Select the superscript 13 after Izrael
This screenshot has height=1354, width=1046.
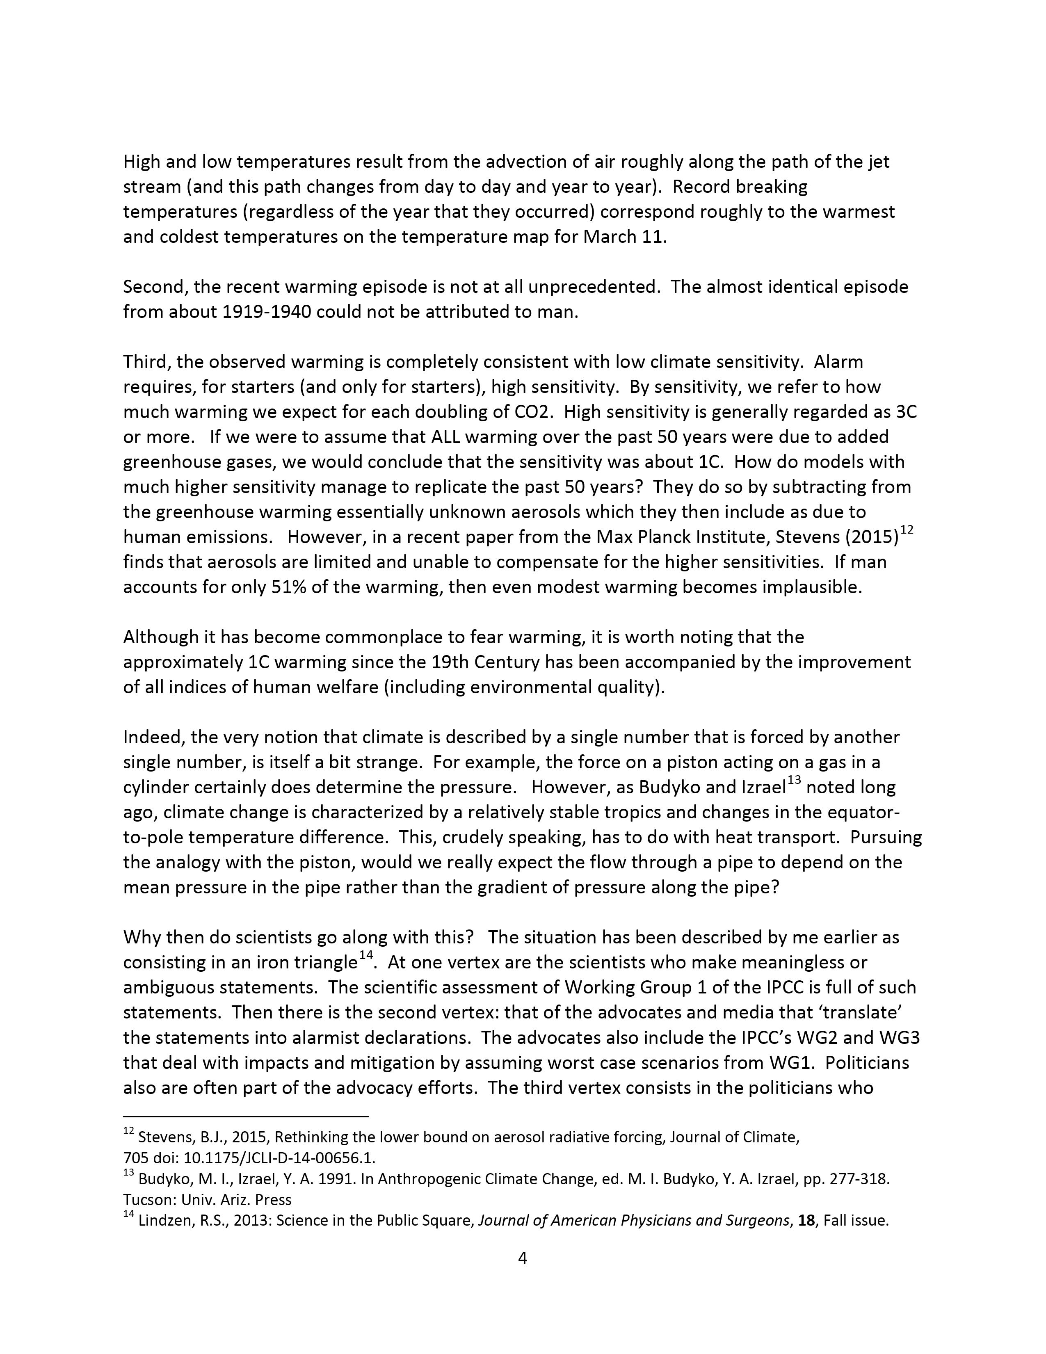point(794,781)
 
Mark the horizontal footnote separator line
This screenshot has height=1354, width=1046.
point(246,1117)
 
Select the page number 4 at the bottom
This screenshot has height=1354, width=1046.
point(522,1258)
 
